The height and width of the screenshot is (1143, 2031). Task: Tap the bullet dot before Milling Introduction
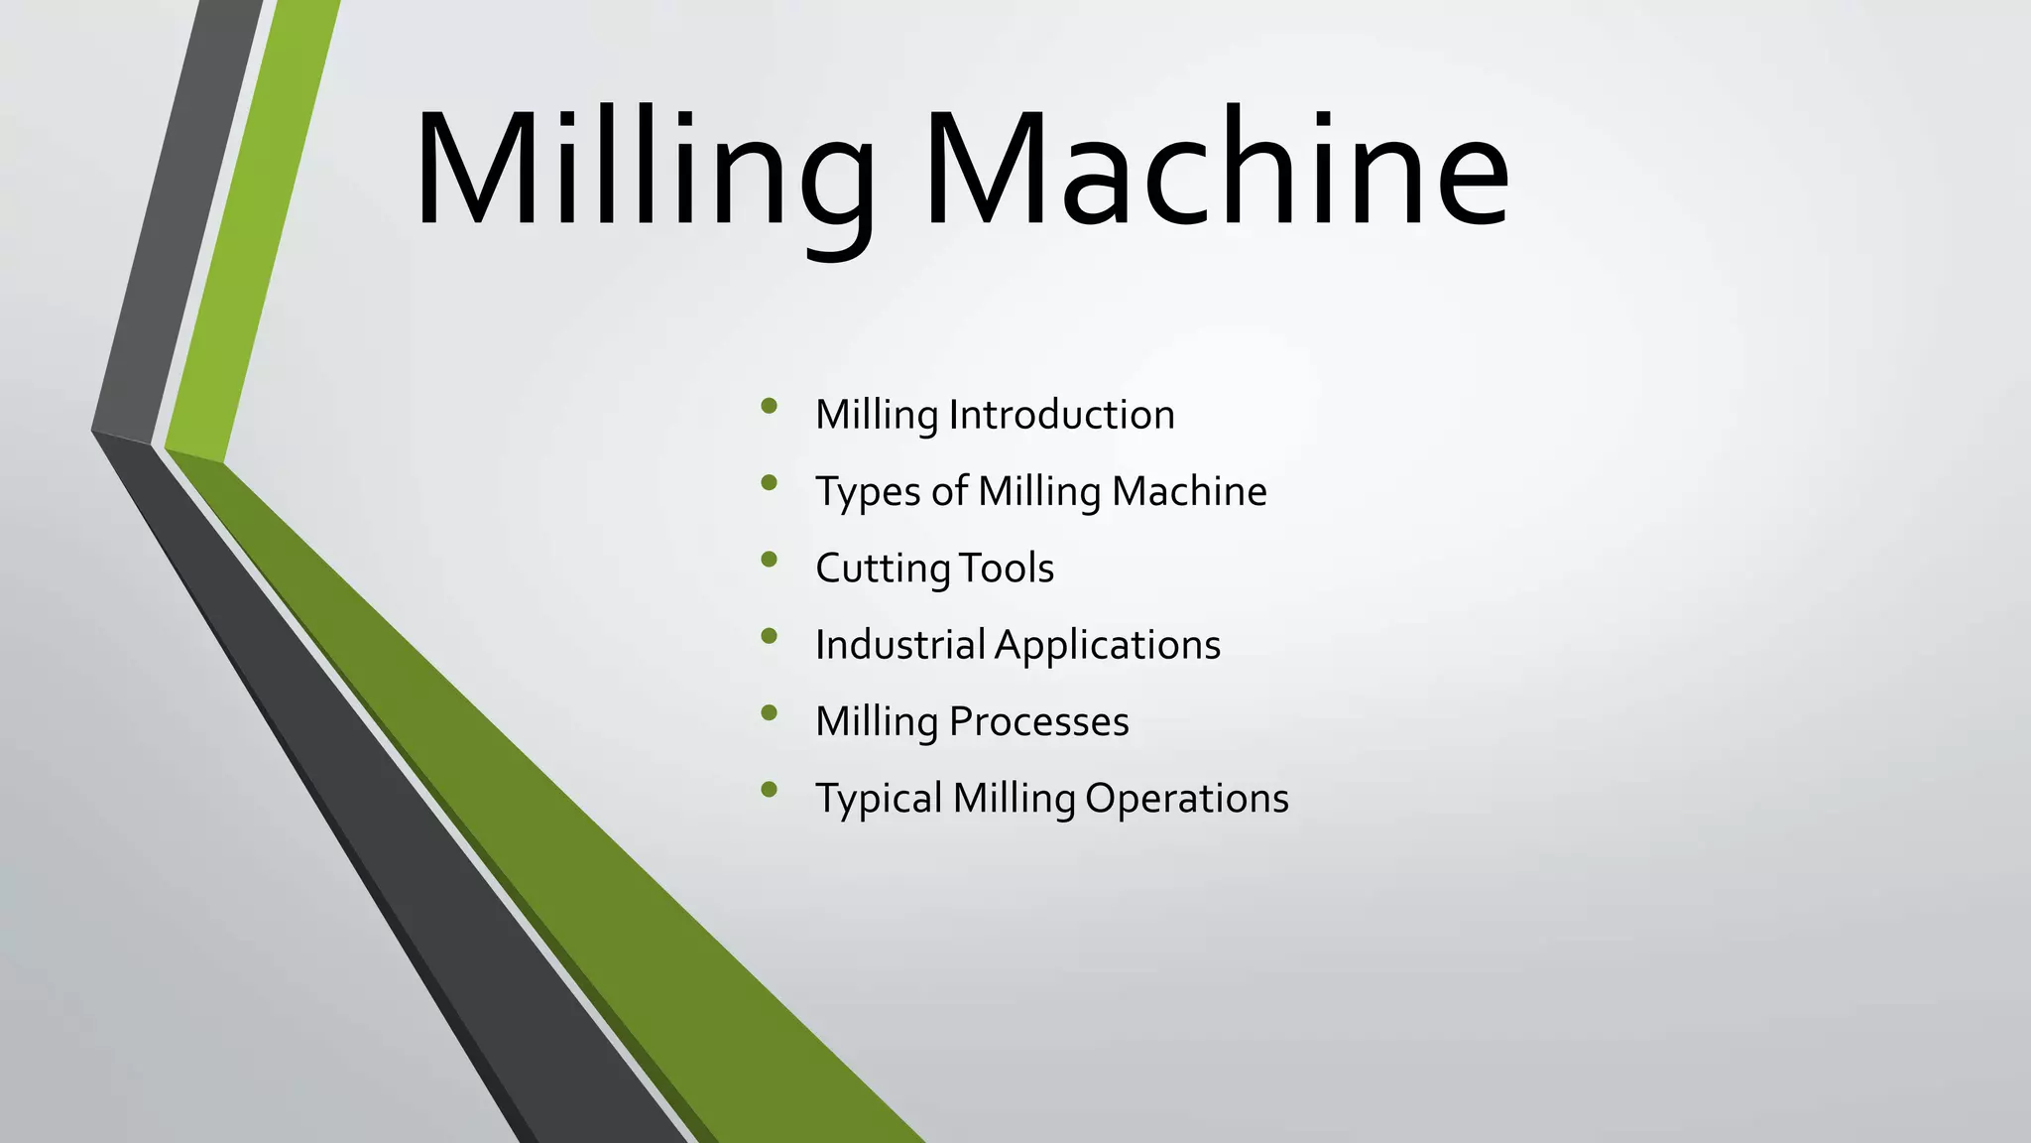(769, 405)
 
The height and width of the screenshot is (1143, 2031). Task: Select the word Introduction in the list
(1061, 415)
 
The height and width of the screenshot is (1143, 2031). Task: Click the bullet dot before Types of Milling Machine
(769, 482)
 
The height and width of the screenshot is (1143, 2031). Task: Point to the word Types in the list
(868, 492)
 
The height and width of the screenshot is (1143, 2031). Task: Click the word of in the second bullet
(949, 491)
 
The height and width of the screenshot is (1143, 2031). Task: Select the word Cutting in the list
(883, 569)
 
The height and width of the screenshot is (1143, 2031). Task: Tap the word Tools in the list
(1008, 569)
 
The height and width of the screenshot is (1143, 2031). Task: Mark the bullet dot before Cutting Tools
(769, 559)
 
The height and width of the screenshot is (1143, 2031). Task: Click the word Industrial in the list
(899, 645)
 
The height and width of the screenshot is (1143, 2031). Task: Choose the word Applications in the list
(1108, 646)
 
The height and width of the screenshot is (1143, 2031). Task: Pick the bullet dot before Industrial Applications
(769, 636)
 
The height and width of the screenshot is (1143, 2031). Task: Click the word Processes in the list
(1038, 721)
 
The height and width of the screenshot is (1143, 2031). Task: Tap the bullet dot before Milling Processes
(769, 712)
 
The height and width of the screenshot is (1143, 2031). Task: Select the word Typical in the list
(879, 799)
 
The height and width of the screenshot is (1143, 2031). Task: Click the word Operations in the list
(1186, 799)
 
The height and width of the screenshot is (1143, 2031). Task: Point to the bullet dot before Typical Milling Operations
(769, 790)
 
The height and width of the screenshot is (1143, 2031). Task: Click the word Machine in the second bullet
(1189, 491)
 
